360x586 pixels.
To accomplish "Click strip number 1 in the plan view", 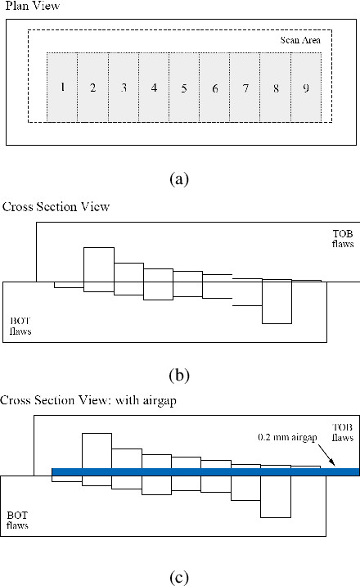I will point(62,88).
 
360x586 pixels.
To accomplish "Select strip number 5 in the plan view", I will point(184,88).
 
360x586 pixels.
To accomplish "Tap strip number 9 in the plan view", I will point(305,88).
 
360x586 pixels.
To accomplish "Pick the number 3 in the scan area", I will point(124,88).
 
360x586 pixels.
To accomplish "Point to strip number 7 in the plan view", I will point(245,88).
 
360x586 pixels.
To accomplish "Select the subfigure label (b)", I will point(179,376).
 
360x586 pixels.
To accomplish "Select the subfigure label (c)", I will point(179,576).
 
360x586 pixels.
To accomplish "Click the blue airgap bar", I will point(205,471).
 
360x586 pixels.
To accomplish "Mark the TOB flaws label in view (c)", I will point(341,433).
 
